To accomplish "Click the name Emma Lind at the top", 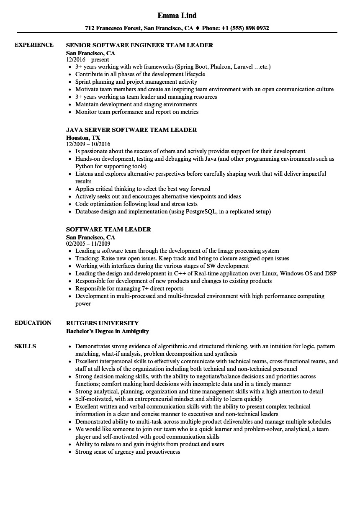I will click(177, 15).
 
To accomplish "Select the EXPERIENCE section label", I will click(34, 45).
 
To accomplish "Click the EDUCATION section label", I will click(33, 323).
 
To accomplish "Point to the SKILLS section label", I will click(25, 346).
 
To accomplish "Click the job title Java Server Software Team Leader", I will click(131, 130).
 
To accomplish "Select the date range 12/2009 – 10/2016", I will click(88, 144).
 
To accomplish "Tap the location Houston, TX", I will click(83, 137).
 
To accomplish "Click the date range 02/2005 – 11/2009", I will click(88, 244).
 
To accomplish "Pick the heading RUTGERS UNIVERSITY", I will click(103, 323).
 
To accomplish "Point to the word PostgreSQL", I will click(199, 212).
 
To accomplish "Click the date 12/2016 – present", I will click(87, 60).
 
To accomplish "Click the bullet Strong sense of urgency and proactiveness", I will click(128, 452).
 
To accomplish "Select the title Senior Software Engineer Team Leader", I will click(139, 45).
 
